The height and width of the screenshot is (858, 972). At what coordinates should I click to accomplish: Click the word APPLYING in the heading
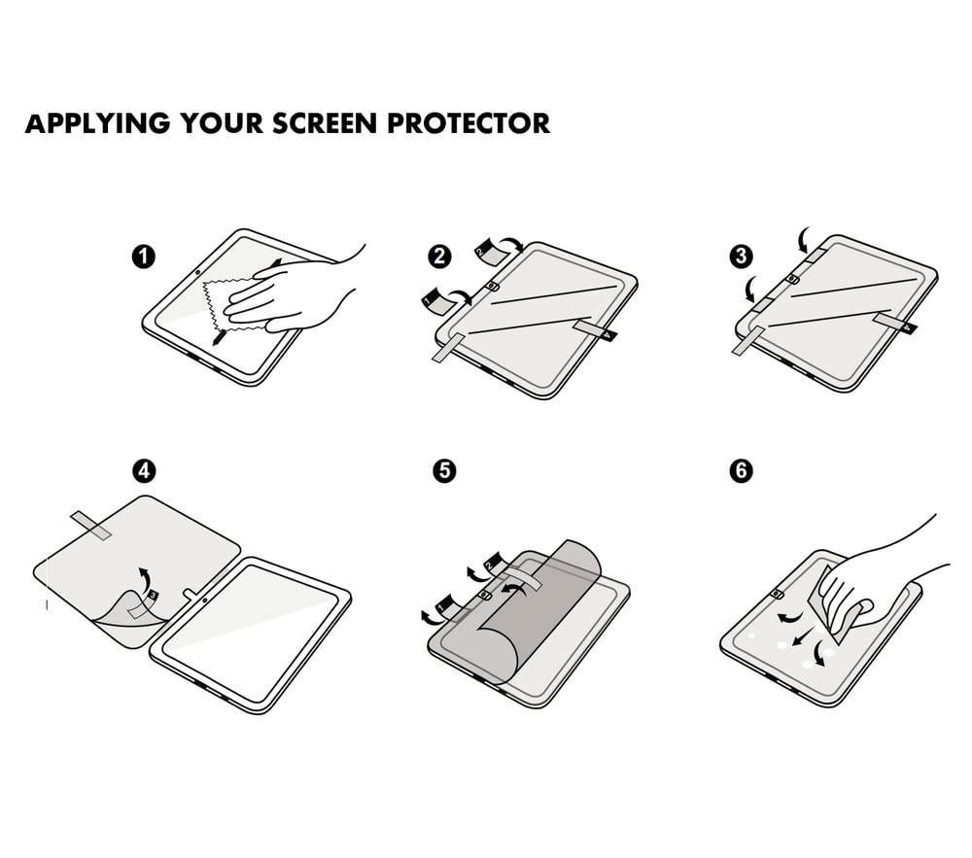coord(97,123)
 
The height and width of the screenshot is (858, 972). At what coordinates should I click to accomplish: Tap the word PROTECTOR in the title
coord(469,123)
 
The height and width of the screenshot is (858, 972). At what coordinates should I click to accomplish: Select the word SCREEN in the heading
coord(325,123)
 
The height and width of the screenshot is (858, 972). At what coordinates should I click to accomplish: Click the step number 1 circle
coord(144,256)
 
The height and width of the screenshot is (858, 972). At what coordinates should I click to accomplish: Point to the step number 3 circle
coord(742,256)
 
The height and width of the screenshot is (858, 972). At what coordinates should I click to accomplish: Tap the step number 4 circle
coord(144,471)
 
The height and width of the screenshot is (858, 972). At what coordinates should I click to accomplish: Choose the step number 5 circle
coord(444,471)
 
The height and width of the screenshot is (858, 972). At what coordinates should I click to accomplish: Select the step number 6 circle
coord(742,471)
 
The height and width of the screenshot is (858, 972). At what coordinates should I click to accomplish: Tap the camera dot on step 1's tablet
coord(197,272)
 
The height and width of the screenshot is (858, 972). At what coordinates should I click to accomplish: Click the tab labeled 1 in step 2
coord(437,300)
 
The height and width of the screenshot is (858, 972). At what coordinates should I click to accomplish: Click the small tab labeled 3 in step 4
coord(153,596)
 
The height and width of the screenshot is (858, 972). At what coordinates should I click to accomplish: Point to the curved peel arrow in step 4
coord(145,578)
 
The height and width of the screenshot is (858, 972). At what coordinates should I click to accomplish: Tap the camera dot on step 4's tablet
coord(204,600)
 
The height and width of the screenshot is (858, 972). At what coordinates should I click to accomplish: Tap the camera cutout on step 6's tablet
coord(776,595)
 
